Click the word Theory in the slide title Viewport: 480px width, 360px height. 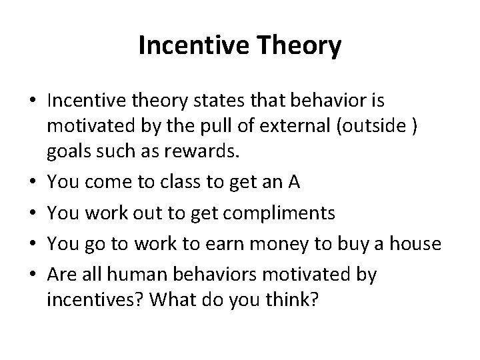pyautogui.click(x=299, y=46)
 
